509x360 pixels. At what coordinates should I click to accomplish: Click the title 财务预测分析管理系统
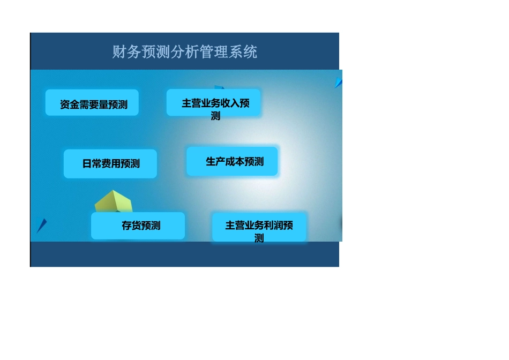click(184, 52)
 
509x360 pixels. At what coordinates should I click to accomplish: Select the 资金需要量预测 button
click(92, 103)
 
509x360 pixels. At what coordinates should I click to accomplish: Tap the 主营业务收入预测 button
click(214, 103)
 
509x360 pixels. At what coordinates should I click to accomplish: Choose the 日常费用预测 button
click(110, 163)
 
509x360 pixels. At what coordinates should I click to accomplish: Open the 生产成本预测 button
click(232, 161)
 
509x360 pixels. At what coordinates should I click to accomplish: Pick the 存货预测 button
click(138, 226)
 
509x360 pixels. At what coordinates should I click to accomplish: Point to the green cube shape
click(114, 202)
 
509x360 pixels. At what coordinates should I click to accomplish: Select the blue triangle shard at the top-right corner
click(338, 82)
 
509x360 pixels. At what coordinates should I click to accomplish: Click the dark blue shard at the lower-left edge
click(42, 226)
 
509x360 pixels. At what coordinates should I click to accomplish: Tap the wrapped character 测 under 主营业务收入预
click(215, 116)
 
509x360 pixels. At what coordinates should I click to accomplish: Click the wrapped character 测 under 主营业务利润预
click(259, 238)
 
